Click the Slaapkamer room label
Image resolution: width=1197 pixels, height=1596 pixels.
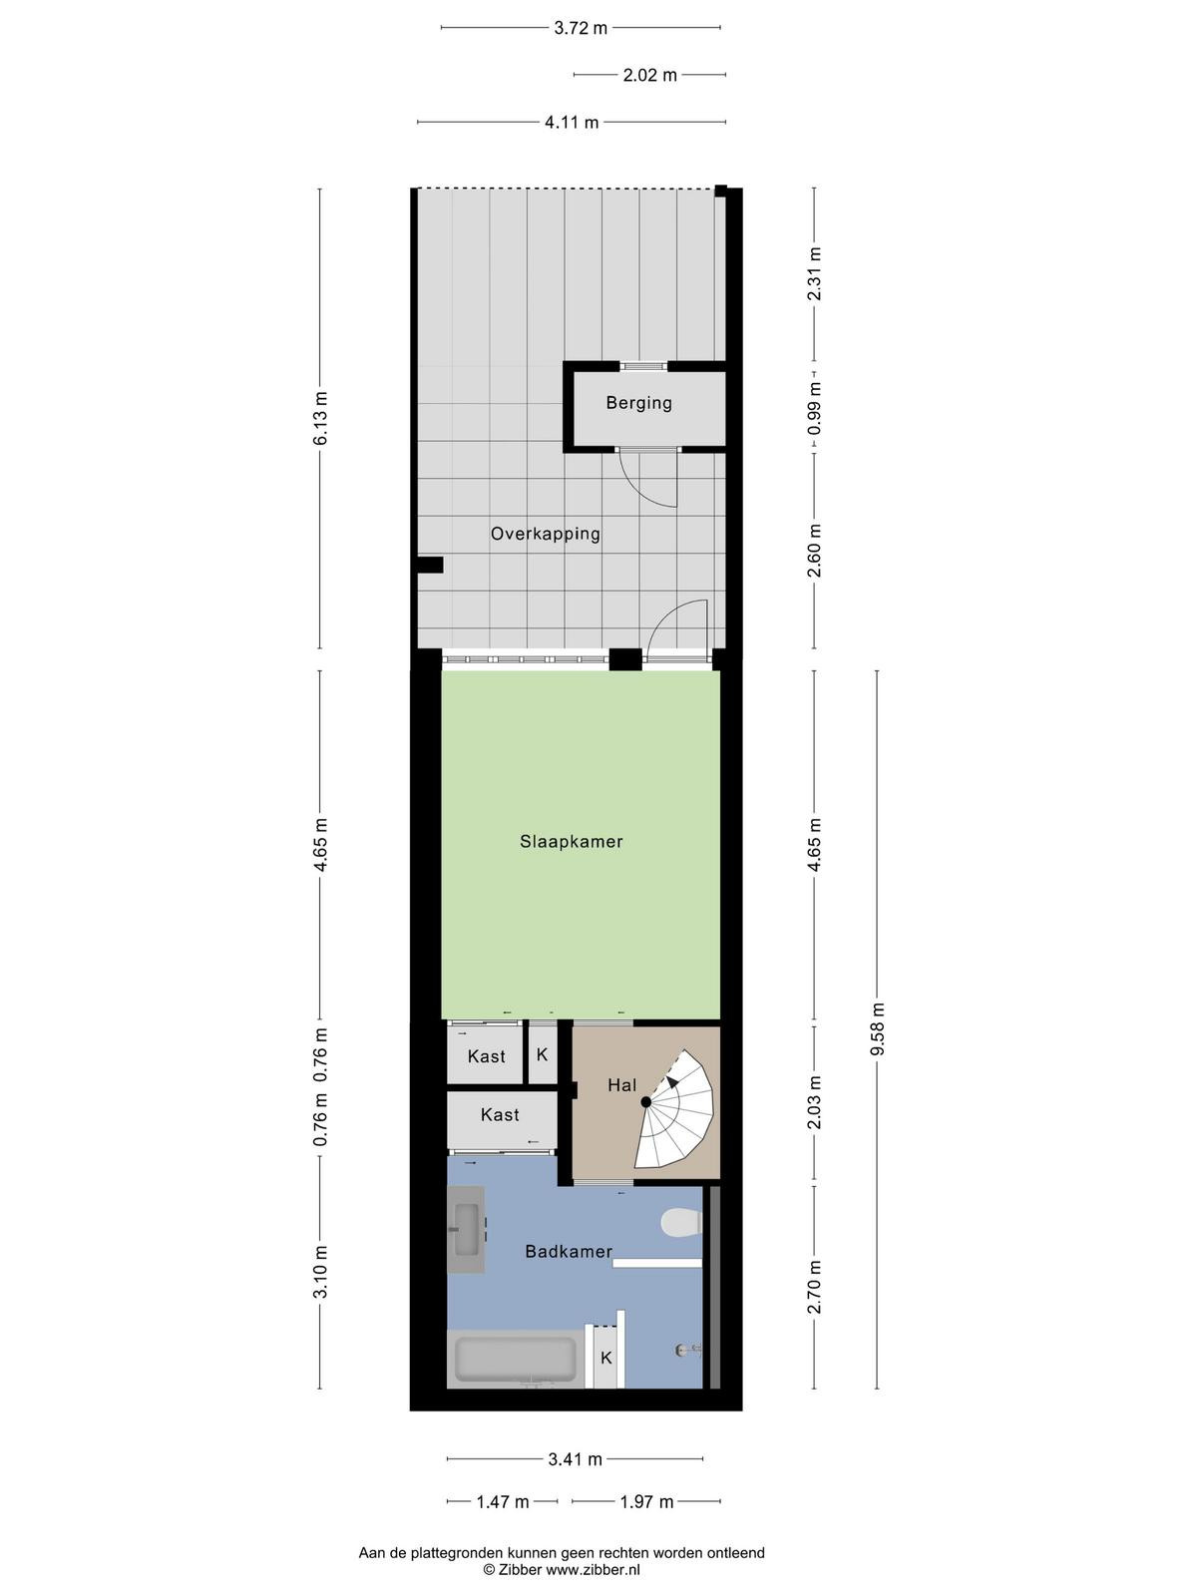[x=572, y=842]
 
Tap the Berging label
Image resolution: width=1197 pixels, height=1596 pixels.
[x=638, y=403]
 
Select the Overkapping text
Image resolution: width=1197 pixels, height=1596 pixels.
[x=545, y=535]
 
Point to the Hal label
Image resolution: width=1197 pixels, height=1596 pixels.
[x=622, y=1085]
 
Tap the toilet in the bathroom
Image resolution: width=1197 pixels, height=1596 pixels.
[x=681, y=1222]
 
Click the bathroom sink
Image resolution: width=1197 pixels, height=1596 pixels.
[x=467, y=1230]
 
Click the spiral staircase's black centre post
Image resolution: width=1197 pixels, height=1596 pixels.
[x=645, y=1102]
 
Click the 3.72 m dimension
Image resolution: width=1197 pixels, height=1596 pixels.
[x=580, y=28]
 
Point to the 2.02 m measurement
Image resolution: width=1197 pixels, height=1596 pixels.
[x=649, y=75]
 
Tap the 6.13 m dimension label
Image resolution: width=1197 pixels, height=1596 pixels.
[x=320, y=418]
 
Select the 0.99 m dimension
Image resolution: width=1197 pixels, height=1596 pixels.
[x=815, y=408]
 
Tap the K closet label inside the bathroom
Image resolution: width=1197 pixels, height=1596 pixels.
[x=606, y=1358]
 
